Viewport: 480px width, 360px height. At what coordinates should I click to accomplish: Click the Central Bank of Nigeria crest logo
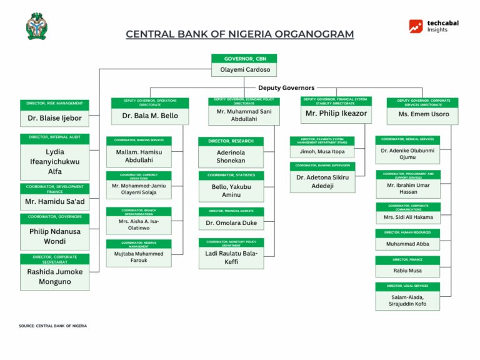pos(36,26)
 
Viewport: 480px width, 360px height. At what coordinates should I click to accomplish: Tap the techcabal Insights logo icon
pos(416,26)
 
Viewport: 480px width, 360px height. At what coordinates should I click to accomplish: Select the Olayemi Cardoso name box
pos(244,71)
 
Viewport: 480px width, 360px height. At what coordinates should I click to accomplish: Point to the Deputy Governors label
pos(286,88)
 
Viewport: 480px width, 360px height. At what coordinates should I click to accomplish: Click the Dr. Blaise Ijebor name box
pos(54,117)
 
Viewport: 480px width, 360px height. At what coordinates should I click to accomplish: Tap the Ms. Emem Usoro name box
pos(423,114)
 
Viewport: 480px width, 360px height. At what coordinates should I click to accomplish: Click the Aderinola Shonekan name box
pos(231,157)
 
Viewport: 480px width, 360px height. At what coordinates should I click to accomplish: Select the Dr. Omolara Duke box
pos(231,223)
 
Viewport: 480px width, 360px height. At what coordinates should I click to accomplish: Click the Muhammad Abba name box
pos(407,244)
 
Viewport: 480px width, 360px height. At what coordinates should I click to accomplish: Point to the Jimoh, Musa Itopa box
pos(322,152)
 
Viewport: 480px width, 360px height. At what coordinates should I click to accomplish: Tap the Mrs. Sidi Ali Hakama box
pos(408,217)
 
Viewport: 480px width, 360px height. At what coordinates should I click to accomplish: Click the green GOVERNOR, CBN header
pos(244,58)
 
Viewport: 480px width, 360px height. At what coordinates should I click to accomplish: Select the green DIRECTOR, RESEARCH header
pos(231,141)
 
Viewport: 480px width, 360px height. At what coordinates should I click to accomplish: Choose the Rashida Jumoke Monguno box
pos(54,277)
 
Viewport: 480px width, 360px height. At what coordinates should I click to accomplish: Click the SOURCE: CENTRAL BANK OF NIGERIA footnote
pos(53,326)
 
